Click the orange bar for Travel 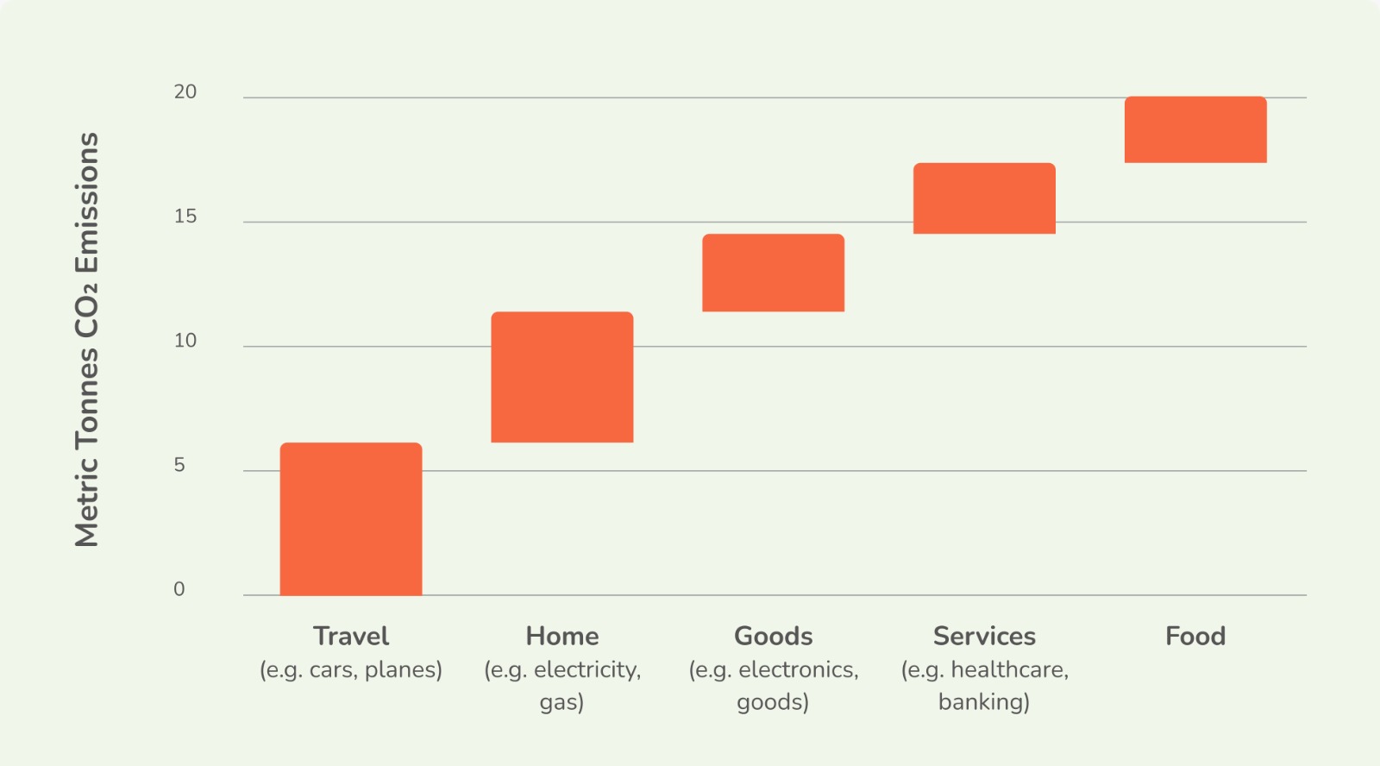351,519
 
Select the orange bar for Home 561,377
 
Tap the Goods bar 773,273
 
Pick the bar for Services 984,198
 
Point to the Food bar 1195,129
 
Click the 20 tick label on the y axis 185,92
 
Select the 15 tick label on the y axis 185,217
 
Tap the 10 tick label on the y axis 185,341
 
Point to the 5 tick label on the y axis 179,465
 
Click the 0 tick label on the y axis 179,590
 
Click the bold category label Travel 351,636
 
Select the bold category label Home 561,636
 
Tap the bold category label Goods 773,636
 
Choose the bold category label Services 984,636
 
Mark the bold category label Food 1195,636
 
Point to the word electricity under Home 587,670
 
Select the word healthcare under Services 1010,670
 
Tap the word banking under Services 984,702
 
